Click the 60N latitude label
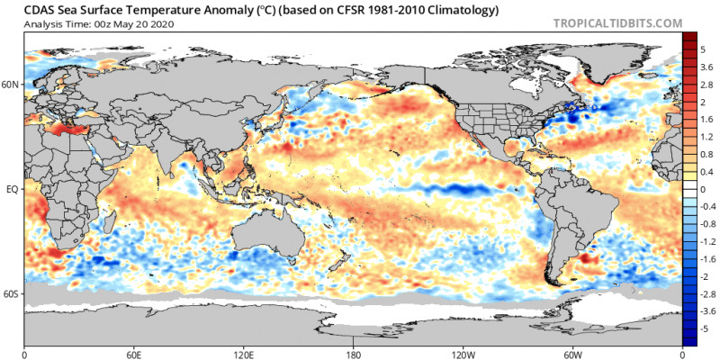pyautogui.click(x=11, y=84)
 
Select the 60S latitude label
pyautogui.click(x=11, y=293)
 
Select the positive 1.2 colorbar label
pyautogui.click(x=706, y=138)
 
